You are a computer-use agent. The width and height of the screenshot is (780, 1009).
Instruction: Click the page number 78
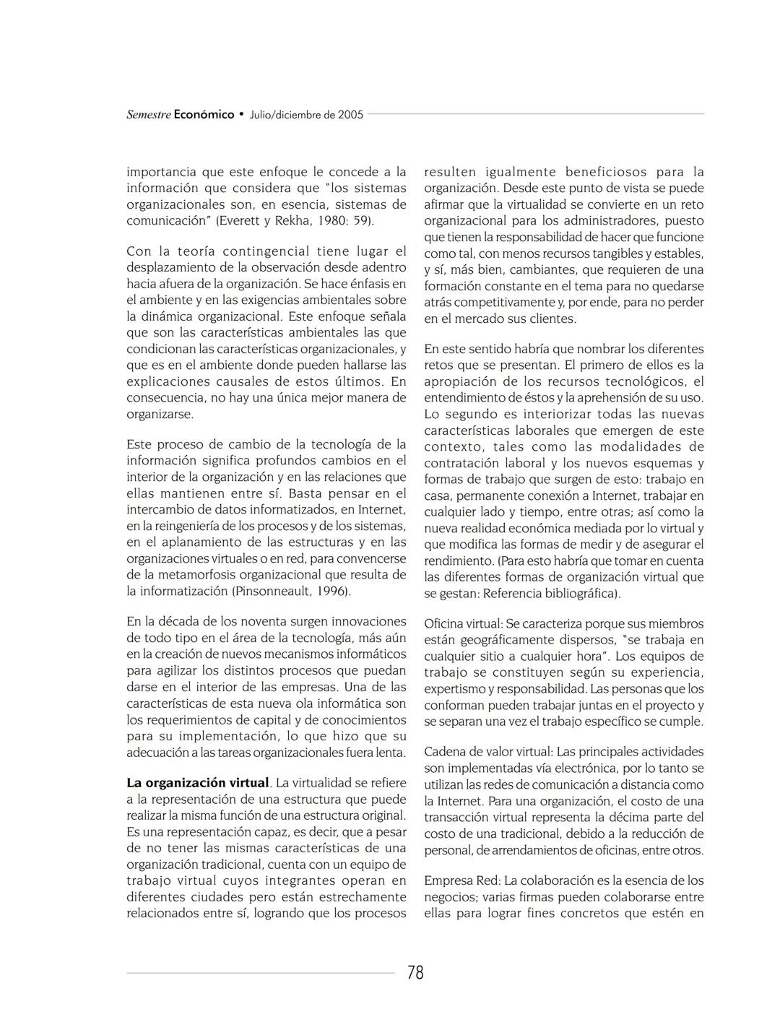(x=415, y=973)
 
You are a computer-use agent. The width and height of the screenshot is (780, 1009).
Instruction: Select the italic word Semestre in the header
(x=149, y=115)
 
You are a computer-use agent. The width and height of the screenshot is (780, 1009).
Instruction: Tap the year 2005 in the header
(x=350, y=115)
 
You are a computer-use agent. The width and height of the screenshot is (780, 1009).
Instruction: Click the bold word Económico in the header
(x=204, y=115)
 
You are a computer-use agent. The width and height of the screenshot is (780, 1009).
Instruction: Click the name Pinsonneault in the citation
(x=270, y=592)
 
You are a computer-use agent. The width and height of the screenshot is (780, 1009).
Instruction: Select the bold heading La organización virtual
(x=198, y=783)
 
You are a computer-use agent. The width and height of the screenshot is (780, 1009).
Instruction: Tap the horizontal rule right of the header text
(x=535, y=114)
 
